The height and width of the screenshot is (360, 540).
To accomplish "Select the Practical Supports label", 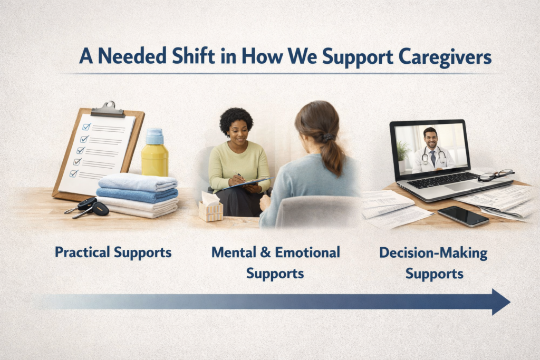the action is coord(113,252).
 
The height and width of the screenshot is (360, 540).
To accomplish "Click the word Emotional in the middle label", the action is coord(307,252).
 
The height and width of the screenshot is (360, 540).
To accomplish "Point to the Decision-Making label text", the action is coord(433,253).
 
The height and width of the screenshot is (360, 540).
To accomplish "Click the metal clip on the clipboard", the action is coord(108,110).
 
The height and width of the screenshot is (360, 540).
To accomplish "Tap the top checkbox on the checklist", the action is coord(87,127).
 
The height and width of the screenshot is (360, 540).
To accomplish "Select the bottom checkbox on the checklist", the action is coord(74,173).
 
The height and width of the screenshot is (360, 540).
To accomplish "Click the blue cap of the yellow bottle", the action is coord(155,137).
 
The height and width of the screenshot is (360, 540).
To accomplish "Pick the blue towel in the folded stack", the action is coord(137,194).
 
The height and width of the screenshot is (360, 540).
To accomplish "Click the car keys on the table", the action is coord(87,208).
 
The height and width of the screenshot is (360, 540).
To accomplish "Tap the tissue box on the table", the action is coord(210,208).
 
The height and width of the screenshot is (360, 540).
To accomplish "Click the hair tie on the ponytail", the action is coord(327,138).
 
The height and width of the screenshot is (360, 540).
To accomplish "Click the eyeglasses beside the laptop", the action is coord(495,175).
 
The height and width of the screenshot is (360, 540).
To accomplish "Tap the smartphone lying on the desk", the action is coord(463,216).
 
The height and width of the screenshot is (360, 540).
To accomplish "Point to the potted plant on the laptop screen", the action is coord(402,155).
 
